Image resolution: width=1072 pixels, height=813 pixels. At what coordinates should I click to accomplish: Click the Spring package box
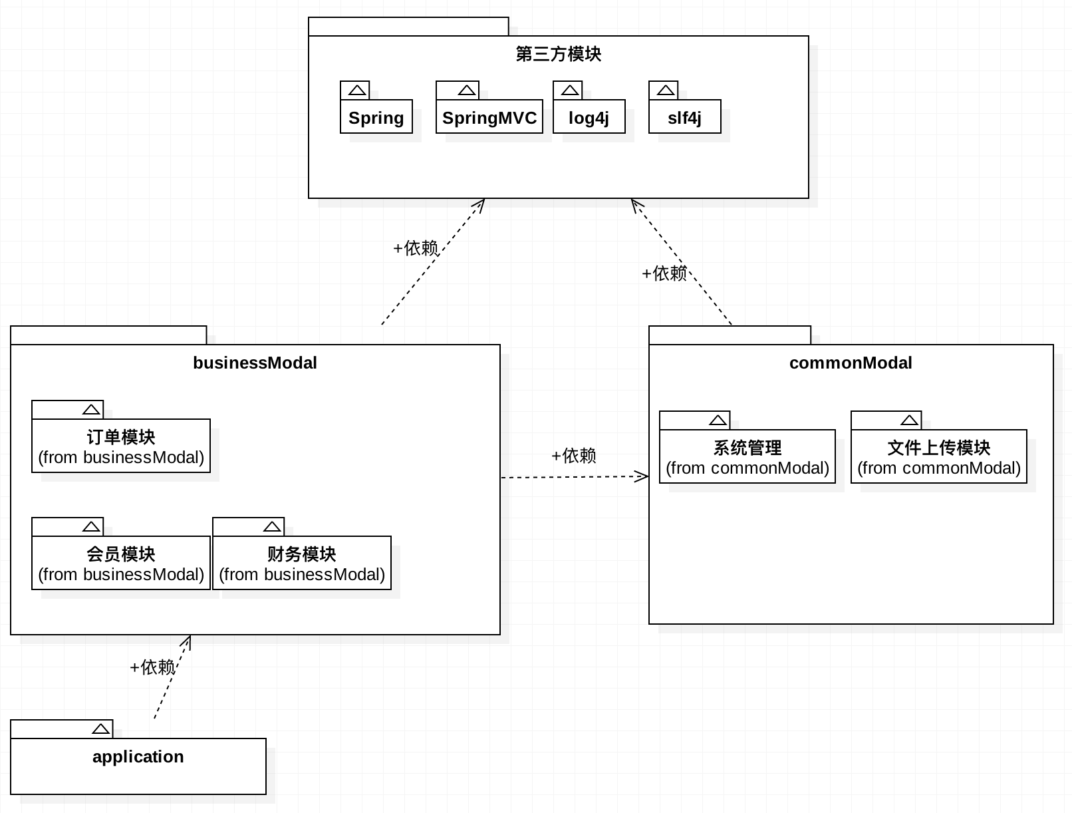click(376, 116)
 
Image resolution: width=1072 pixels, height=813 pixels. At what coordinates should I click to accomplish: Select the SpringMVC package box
click(489, 116)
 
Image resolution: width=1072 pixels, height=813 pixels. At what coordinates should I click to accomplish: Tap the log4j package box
click(589, 116)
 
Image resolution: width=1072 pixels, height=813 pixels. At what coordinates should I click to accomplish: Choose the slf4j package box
click(684, 116)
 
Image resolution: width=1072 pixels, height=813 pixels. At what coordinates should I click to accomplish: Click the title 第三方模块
click(558, 54)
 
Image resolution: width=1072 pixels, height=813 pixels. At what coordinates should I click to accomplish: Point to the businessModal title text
click(255, 363)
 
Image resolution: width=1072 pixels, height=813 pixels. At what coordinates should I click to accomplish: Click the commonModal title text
click(851, 363)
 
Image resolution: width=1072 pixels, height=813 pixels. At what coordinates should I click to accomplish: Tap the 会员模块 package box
click(120, 563)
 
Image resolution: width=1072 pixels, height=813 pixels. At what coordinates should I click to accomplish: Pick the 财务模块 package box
click(302, 563)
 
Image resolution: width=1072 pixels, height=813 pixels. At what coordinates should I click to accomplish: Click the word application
click(138, 756)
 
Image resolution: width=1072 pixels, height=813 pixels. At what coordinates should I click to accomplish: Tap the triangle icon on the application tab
click(100, 729)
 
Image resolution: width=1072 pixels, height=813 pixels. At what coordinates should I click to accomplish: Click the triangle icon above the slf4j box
click(666, 90)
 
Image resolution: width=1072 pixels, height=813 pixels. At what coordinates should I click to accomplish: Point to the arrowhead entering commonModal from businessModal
click(642, 476)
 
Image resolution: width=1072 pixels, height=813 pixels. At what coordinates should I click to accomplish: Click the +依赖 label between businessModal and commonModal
click(574, 455)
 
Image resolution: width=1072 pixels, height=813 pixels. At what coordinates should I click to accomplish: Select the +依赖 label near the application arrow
click(152, 667)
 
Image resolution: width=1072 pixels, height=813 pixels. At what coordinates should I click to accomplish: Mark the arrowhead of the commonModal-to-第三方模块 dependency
click(636, 205)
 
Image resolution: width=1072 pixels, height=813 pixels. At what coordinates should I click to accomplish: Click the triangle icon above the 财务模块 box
click(272, 526)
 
